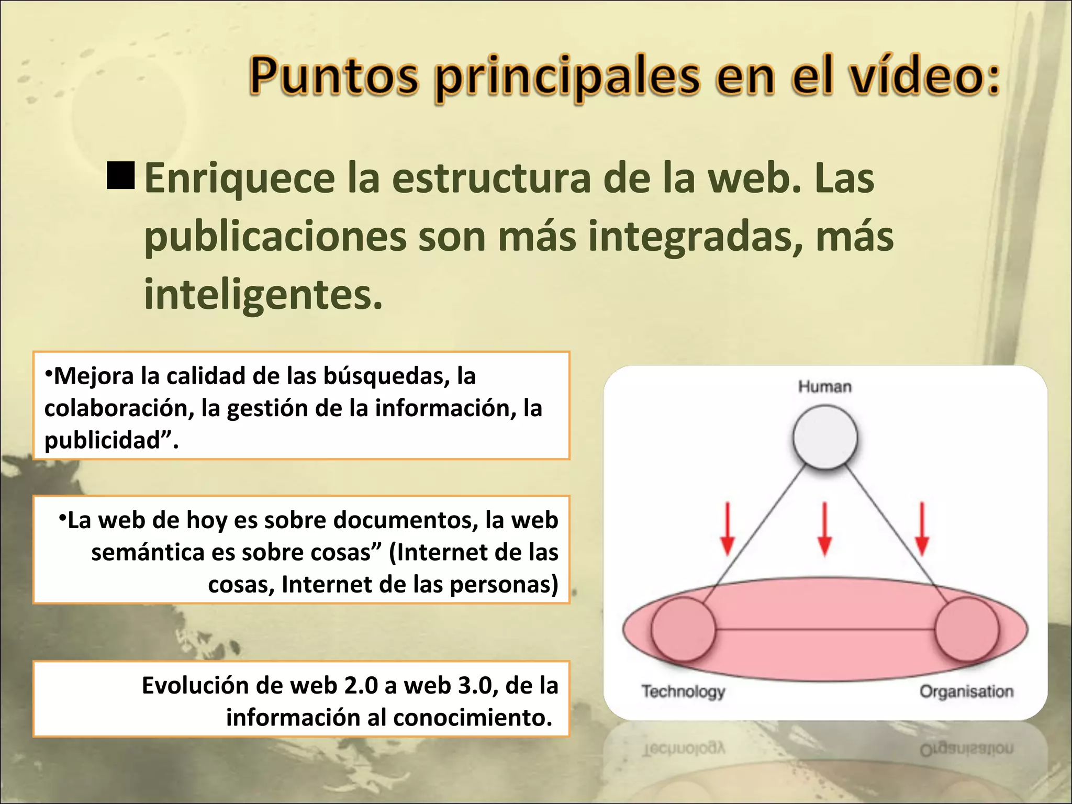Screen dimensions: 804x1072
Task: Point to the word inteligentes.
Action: click(263, 295)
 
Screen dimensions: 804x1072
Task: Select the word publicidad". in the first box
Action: click(111, 440)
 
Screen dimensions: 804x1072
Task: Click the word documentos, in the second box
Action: click(406, 520)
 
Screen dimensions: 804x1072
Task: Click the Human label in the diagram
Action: click(824, 387)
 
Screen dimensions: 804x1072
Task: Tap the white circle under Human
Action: click(825, 438)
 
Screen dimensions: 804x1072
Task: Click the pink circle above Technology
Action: click(683, 630)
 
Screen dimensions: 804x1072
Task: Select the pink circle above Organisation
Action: click(967, 630)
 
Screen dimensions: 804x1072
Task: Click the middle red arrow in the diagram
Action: click(824, 529)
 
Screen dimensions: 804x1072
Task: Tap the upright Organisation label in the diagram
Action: click(966, 691)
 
